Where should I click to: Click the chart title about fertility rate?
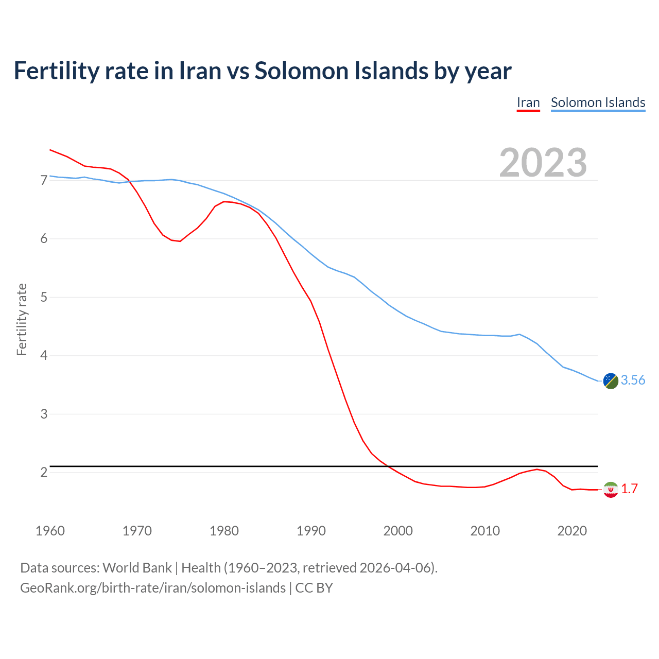tap(263, 71)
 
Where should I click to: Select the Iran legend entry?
tap(528, 102)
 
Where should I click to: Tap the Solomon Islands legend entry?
tap(598, 102)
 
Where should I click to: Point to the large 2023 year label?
tap(543, 163)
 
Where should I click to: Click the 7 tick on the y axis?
tap(44, 180)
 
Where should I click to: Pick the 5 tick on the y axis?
tap(44, 297)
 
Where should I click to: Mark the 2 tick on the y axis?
tap(44, 472)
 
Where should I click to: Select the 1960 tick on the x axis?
tap(50, 531)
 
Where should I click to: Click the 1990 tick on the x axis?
tap(311, 531)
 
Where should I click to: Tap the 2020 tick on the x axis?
tap(572, 531)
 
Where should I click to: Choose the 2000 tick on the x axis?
tap(398, 531)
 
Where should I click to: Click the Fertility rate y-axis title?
tap(22, 319)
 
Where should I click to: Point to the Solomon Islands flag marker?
tap(611, 381)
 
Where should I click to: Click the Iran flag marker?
tap(611, 490)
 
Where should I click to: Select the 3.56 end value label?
tap(633, 380)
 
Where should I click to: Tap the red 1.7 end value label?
tap(629, 489)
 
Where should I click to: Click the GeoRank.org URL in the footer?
tap(153, 588)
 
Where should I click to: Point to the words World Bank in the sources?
tap(137, 568)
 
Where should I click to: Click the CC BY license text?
tap(314, 588)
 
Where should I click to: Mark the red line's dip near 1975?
tap(180, 241)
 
